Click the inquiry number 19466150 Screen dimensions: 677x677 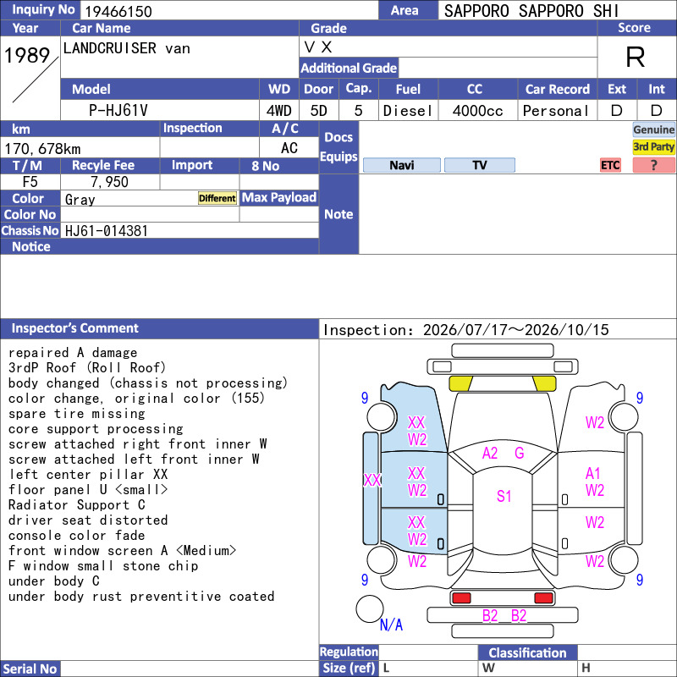click(x=118, y=11)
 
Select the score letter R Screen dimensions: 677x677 click(x=636, y=57)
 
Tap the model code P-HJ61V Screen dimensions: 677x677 click(x=118, y=111)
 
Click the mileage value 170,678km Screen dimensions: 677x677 click(x=42, y=149)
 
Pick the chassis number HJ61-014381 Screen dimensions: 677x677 click(x=107, y=231)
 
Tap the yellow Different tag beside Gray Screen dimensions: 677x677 click(x=217, y=198)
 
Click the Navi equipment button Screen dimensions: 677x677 click(x=401, y=165)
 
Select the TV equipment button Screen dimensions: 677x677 click(x=480, y=165)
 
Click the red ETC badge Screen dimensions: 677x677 click(x=610, y=165)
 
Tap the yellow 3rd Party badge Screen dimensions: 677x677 click(x=653, y=146)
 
